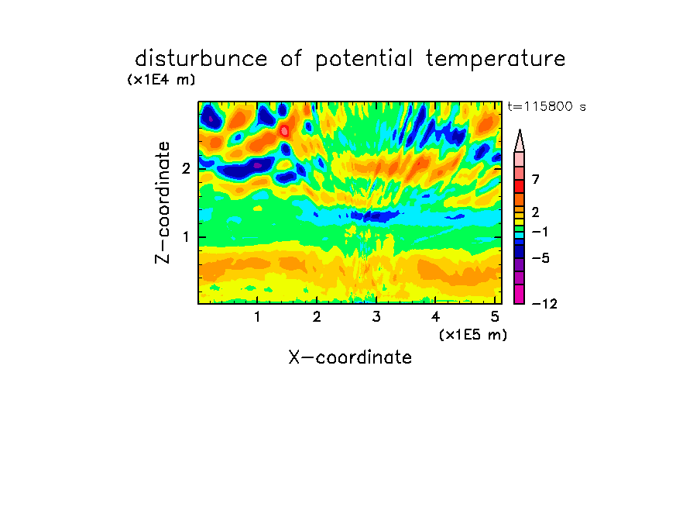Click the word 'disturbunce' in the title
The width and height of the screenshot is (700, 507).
coord(201,58)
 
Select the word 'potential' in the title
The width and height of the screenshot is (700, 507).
coord(364,59)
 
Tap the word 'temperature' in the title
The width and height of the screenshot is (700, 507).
coord(496,59)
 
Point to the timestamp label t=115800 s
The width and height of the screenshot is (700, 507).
coord(547,106)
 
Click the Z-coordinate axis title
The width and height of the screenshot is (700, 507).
coord(163,202)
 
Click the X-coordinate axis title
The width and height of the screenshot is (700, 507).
coord(350,357)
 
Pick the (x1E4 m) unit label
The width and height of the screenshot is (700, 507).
coord(161,80)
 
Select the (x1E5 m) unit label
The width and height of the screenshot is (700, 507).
coord(473,334)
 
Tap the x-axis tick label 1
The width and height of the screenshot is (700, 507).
coord(257,317)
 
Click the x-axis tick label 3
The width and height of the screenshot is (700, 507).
coord(376,317)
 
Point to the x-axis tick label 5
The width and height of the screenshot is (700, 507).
coord(495,317)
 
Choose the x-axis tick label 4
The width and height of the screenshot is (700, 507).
coord(435,317)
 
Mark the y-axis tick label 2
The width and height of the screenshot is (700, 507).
coord(186,168)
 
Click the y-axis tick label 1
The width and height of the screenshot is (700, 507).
coord(186,237)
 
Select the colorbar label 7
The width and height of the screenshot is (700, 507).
coord(536,179)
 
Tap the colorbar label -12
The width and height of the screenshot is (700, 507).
coord(544,304)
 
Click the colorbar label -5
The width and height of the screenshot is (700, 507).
coord(540,258)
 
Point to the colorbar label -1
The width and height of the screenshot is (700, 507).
coord(540,232)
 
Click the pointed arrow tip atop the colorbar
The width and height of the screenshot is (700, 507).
coord(520,130)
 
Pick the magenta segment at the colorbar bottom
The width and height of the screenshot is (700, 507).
coord(520,294)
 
